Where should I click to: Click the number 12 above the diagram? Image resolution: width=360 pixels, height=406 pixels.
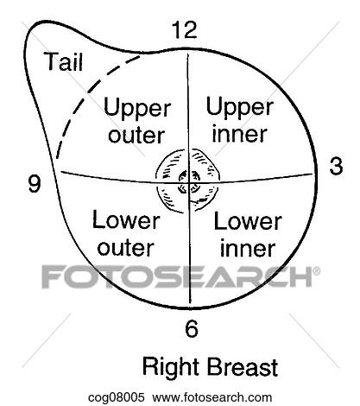tap(185, 30)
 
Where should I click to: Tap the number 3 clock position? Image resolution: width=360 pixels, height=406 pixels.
tap(336, 167)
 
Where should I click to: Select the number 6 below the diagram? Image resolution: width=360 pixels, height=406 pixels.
tap(192, 328)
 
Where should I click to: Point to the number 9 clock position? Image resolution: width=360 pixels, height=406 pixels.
tap(35, 184)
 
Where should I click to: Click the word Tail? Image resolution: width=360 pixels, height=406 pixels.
tap(64, 61)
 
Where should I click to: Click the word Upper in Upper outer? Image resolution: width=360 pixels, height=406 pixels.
tap(137, 109)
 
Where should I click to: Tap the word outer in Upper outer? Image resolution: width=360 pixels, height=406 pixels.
tap(136, 136)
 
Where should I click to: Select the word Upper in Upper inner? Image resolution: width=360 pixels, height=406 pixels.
tap(239, 108)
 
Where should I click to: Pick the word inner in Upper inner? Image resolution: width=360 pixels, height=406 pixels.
tap(239, 134)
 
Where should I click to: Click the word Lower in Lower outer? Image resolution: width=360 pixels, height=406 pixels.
tap(126, 220)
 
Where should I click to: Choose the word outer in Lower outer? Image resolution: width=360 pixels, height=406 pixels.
tap(126, 248)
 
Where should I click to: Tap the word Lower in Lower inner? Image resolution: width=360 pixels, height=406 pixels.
tap(248, 221)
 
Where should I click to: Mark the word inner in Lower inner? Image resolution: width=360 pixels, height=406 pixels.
tap(248, 249)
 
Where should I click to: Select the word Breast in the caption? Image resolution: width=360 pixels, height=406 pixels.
tap(242, 367)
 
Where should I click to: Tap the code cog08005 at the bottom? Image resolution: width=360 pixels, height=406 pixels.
tap(117, 397)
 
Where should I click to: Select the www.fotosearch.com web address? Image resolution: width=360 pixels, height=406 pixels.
tap(212, 397)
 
